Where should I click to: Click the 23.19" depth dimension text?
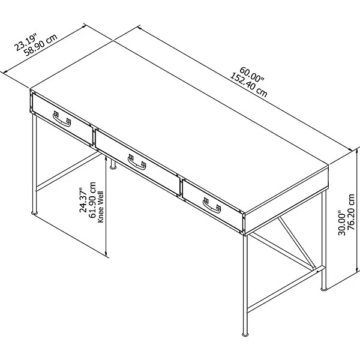(x=25, y=43)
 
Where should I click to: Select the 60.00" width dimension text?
(x=253, y=74)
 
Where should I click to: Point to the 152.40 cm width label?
(x=248, y=85)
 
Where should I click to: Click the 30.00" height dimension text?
(x=341, y=224)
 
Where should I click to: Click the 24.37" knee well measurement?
(x=83, y=200)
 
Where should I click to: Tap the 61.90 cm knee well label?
(x=92, y=200)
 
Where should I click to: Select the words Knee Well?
(x=101, y=207)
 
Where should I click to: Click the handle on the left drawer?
(x=62, y=119)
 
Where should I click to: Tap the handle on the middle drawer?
(x=137, y=163)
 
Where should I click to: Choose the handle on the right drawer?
(x=212, y=206)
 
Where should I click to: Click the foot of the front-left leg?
(x=34, y=213)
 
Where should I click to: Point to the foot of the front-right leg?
(x=245, y=334)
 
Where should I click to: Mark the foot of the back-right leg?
(x=324, y=289)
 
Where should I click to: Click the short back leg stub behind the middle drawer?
(x=113, y=164)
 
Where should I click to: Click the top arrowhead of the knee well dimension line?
(x=106, y=158)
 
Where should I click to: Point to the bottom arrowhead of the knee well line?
(x=106, y=254)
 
